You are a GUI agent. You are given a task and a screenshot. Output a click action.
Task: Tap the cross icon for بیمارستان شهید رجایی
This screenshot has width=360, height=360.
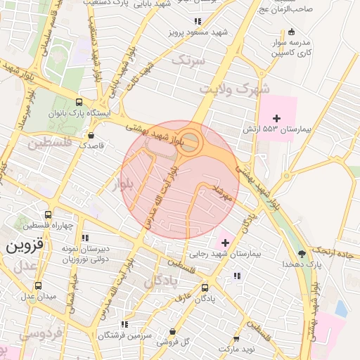[x=225, y=242]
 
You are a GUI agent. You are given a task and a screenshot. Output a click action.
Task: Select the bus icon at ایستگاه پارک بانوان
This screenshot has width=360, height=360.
[x=78, y=101]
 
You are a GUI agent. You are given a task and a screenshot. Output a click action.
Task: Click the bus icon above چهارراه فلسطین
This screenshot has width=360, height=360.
[x=48, y=215]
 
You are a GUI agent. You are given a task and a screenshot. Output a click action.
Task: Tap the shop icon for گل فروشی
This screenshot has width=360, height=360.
[x=173, y=330]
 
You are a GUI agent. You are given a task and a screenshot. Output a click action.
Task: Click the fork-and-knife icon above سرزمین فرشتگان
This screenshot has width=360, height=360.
[x=124, y=324]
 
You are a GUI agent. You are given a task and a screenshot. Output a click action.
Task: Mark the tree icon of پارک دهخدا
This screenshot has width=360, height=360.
[x=302, y=254]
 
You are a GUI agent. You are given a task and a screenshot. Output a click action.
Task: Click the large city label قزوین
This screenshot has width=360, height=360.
[x=25, y=247]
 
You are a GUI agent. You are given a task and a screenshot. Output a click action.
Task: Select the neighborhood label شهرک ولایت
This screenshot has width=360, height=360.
[x=224, y=89]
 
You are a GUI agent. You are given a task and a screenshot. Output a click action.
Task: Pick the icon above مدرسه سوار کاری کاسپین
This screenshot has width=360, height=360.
[x=292, y=32]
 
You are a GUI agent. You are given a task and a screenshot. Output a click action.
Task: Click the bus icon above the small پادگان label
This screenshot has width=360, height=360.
[x=205, y=288]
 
